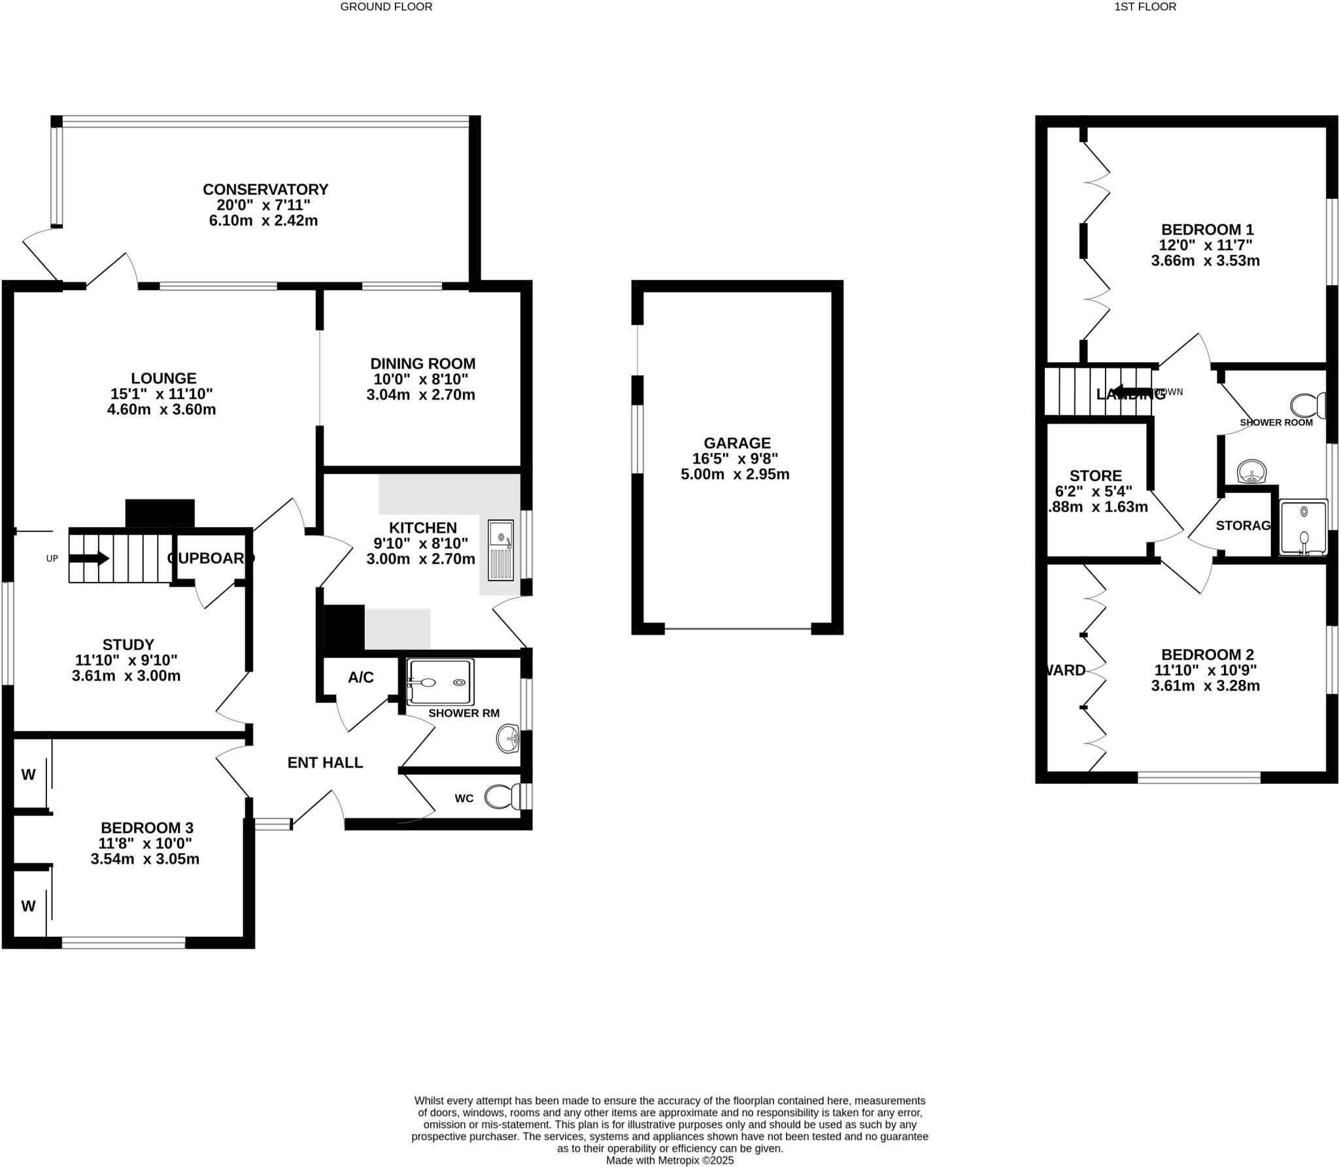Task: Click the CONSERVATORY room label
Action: pos(265,190)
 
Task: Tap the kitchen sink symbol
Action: pos(501,550)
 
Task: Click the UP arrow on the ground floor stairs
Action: pos(89,558)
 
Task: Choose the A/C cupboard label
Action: pos(360,677)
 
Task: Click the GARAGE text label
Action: pos(737,443)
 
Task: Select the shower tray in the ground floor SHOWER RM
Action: pos(439,682)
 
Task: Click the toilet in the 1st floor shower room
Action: pos(1307,405)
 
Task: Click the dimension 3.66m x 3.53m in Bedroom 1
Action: pos(1205,261)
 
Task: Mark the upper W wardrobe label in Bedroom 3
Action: pos(28,775)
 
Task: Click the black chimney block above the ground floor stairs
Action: pos(160,513)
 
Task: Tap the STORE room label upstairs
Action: pos(1096,476)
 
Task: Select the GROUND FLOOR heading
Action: pos(386,7)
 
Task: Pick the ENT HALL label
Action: pos(325,762)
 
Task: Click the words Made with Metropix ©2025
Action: pos(669,1160)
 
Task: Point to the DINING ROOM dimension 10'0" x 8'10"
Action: pos(420,379)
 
